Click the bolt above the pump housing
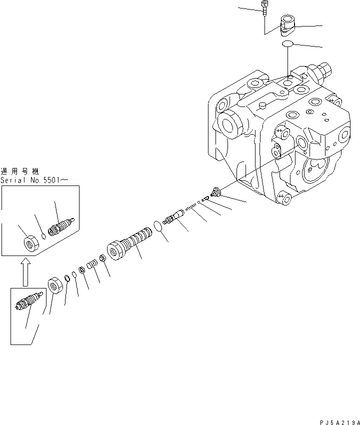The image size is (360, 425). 263,6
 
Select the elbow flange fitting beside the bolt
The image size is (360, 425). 288,25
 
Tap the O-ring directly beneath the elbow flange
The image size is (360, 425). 286,44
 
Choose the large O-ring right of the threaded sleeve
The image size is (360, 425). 158,226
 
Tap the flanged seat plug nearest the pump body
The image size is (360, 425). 217,191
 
